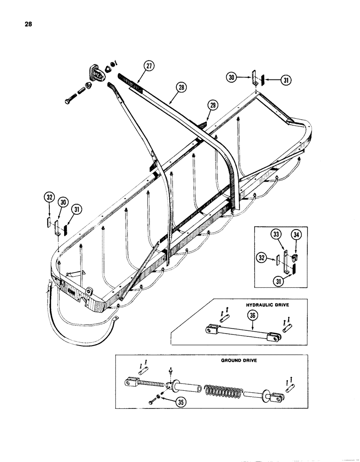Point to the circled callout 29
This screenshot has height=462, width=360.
point(212,106)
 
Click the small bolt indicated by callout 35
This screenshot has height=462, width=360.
point(152,402)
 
